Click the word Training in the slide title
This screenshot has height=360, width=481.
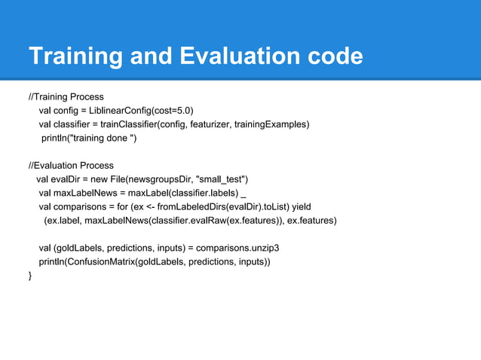pos(73,56)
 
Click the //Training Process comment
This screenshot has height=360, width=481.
pos(66,97)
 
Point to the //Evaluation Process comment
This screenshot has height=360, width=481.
pos(71,165)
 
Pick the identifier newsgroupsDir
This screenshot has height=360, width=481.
pos(160,179)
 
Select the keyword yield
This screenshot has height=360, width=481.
pos(299,206)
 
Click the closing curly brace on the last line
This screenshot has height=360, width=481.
pos(30,276)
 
